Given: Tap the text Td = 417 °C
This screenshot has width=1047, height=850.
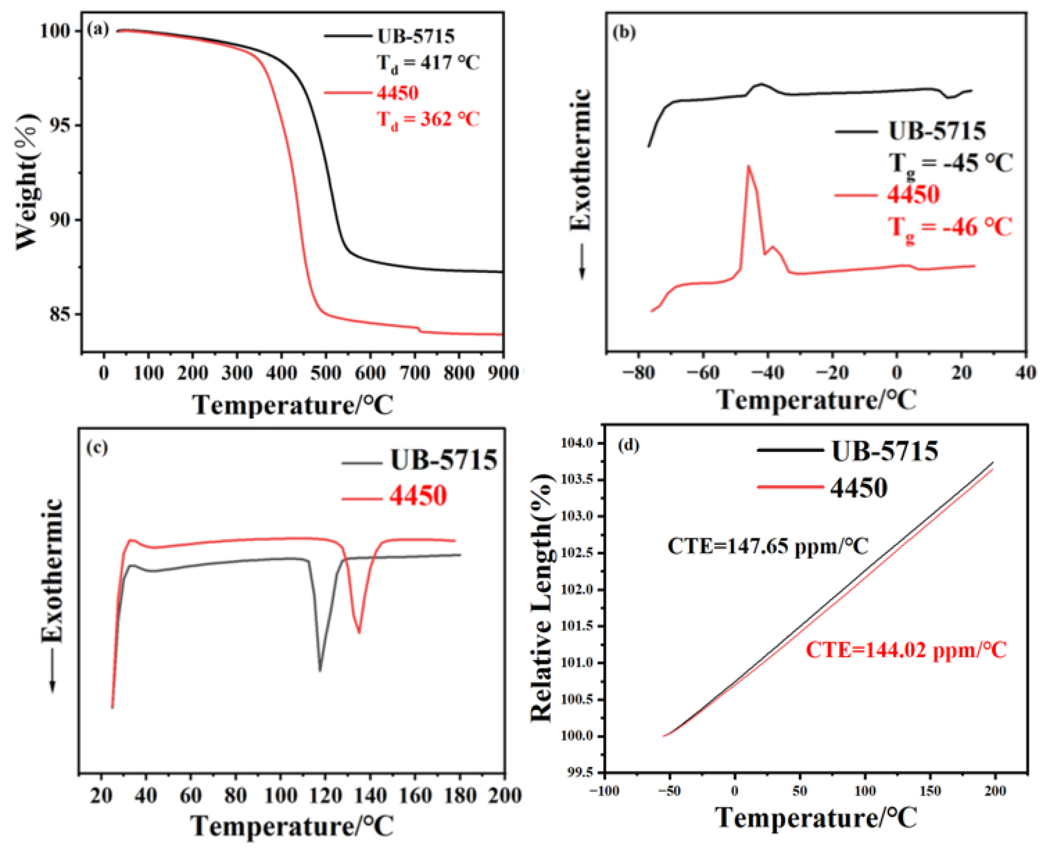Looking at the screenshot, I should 428,64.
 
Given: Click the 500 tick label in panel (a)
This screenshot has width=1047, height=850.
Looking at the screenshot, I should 326,373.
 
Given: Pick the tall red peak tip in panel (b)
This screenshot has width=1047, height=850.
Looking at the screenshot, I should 748,166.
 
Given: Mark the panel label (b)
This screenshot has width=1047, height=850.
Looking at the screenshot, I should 624,32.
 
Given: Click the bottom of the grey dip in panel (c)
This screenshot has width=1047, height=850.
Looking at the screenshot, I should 320,670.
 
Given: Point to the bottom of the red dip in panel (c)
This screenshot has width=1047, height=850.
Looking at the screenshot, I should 359,632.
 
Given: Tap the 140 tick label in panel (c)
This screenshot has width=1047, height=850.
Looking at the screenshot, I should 370,795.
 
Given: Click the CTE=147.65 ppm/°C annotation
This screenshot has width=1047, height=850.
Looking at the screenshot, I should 768,547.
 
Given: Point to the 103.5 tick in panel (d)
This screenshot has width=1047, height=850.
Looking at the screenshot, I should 578,480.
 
